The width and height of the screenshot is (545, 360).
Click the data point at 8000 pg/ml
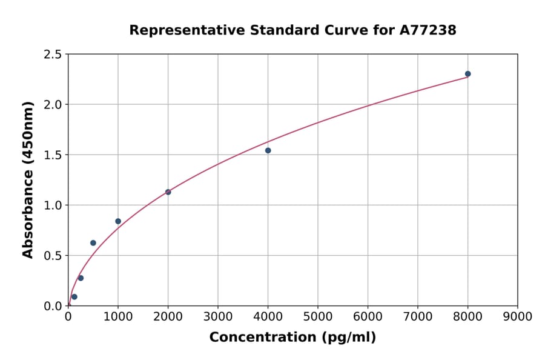(467, 74)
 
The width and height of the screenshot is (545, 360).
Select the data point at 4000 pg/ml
(268, 150)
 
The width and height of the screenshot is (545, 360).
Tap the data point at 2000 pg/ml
(168, 192)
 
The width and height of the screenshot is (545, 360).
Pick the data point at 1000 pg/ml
(118, 221)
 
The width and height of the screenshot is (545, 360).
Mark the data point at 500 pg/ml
(93, 243)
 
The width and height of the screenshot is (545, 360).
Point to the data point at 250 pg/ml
(81, 278)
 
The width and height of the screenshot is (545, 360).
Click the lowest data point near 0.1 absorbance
(74, 297)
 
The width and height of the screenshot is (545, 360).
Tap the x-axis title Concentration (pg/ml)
(292, 338)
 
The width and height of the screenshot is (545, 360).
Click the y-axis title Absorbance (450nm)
(28, 180)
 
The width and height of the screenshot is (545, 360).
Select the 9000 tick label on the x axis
(517, 316)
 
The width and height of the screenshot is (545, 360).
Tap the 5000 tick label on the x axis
(317, 316)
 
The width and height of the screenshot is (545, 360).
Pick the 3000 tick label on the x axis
(217, 316)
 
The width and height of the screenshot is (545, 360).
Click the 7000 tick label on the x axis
(417, 316)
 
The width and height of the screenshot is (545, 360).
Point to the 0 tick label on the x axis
(68, 316)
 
